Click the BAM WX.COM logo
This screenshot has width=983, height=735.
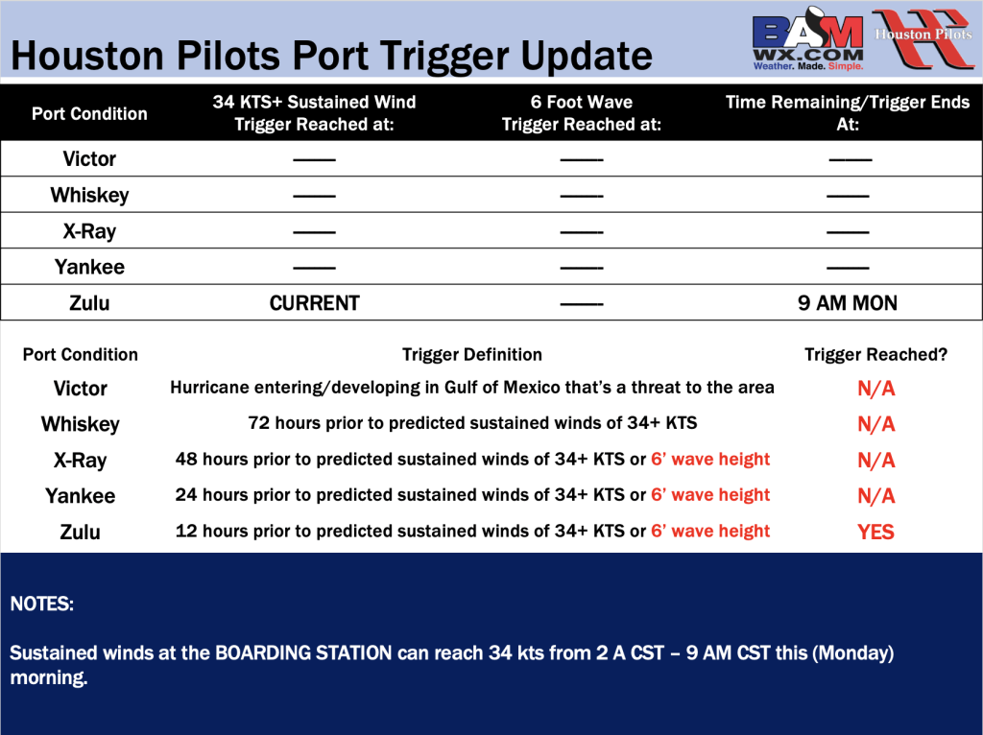pyautogui.click(x=808, y=38)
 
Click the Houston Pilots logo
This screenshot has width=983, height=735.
pyautogui.click(x=923, y=37)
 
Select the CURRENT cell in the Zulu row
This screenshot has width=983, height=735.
pyautogui.click(x=314, y=303)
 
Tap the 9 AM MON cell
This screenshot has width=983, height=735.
pyautogui.click(x=848, y=303)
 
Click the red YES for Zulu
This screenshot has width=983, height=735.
pyautogui.click(x=875, y=532)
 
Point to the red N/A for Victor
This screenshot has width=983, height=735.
pyautogui.click(x=875, y=389)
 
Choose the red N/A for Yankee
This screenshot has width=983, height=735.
pyautogui.click(x=875, y=496)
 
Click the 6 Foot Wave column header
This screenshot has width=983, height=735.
pyautogui.click(x=581, y=113)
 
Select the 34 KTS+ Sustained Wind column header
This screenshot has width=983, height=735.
pyautogui.click(x=314, y=113)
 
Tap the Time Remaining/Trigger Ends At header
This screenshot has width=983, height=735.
pyautogui.click(x=848, y=113)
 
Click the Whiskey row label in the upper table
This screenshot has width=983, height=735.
pyautogui.click(x=89, y=196)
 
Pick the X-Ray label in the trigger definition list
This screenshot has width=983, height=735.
pyautogui.click(x=81, y=461)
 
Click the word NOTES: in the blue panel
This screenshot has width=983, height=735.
pyautogui.click(x=42, y=605)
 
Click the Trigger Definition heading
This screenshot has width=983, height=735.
pyautogui.click(x=472, y=355)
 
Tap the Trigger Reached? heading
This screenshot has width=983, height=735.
pyautogui.click(x=875, y=355)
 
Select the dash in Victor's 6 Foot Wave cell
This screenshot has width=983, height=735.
pyautogui.click(x=581, y=160)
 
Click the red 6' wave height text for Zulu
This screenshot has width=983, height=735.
pyautogui.click(x=710, y=532)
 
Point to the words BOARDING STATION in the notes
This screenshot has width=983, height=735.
pyautogui.click(x=303, y=652)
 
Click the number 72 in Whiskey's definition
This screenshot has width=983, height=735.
pyautogui.click(x=259, y=423)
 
